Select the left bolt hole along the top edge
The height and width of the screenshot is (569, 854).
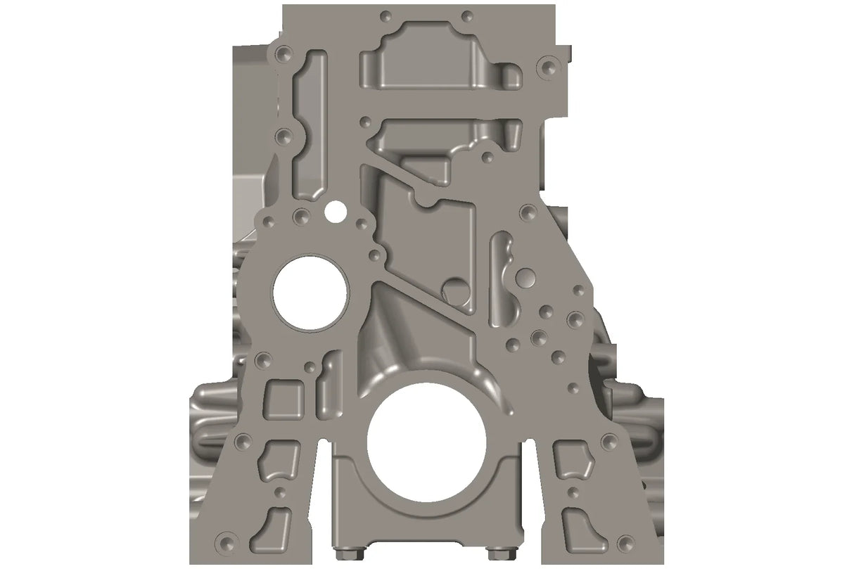point(384,15)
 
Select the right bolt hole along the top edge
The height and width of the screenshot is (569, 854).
point(467,15)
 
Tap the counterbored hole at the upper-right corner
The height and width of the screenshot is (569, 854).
point(545,67)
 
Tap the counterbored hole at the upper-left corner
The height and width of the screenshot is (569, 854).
point(283,53)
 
